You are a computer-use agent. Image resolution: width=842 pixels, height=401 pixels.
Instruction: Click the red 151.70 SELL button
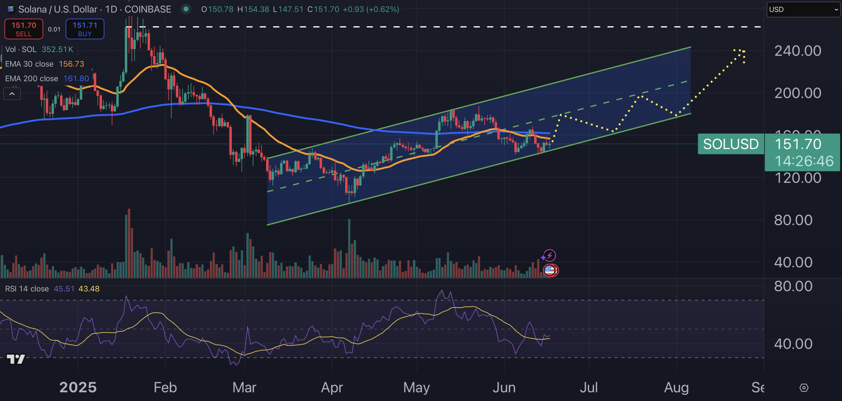(x=24, y=29)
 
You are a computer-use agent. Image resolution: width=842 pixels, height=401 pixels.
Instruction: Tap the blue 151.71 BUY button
(x=85, y=29)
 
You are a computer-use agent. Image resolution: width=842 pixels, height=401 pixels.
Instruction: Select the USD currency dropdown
(x=803, y=10)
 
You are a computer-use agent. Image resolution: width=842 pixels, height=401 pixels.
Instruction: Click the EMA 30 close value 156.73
(x=71, y=64)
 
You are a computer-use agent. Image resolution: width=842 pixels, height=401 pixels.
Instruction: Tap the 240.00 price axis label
(x=798, y=51)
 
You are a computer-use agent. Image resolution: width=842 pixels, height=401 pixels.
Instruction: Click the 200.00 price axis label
(x=798, y=93)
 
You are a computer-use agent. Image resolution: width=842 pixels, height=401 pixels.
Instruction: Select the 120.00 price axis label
(x=798, y=178)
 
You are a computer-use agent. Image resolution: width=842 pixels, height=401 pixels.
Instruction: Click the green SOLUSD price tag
(x=731, y=144)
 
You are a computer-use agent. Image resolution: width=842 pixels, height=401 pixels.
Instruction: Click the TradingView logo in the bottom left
(x=16, y=359)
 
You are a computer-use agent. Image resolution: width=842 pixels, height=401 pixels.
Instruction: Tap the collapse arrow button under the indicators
(x=12, y=94)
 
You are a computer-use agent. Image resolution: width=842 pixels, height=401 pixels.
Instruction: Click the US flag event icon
(x=550, y=270)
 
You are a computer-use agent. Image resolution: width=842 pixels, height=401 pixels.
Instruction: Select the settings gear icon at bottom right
(x=804, y=388)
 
